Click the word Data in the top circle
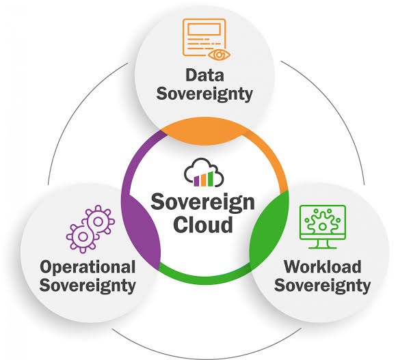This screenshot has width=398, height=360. point(204,75)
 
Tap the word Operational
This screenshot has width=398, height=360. point(88,268)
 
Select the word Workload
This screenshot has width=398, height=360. point(322,266)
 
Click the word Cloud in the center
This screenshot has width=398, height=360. point(203,225)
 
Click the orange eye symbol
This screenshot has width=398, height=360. point(219,55)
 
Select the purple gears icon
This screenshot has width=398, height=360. point(90,229)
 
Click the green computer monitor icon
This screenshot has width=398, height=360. point(323,227)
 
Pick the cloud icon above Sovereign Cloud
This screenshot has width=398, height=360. point(204,172)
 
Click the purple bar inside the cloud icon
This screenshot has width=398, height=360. point(196,181)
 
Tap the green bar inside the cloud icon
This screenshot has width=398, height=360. point(211,178)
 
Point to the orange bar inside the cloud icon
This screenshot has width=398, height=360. point(204,180)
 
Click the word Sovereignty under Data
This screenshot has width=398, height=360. point(204,94)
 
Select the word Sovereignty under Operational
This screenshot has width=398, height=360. point(88,286)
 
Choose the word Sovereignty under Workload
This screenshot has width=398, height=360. point(322,286)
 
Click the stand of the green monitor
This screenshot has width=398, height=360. point(323,244)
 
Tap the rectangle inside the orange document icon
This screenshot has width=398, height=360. point(204,29)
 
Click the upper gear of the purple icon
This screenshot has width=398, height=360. point(98,221)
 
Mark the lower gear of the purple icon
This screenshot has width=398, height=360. point(83,237)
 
